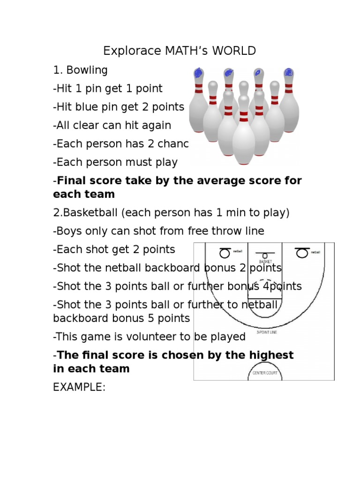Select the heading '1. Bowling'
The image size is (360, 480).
80,70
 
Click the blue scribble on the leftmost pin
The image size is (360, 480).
199,73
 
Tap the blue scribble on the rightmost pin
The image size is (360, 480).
289,73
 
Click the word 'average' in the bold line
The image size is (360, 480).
205,181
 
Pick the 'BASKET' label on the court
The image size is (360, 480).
265,261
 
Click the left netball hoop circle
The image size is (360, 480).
225,253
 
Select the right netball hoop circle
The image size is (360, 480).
302,253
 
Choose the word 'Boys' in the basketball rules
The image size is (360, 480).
68,231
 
